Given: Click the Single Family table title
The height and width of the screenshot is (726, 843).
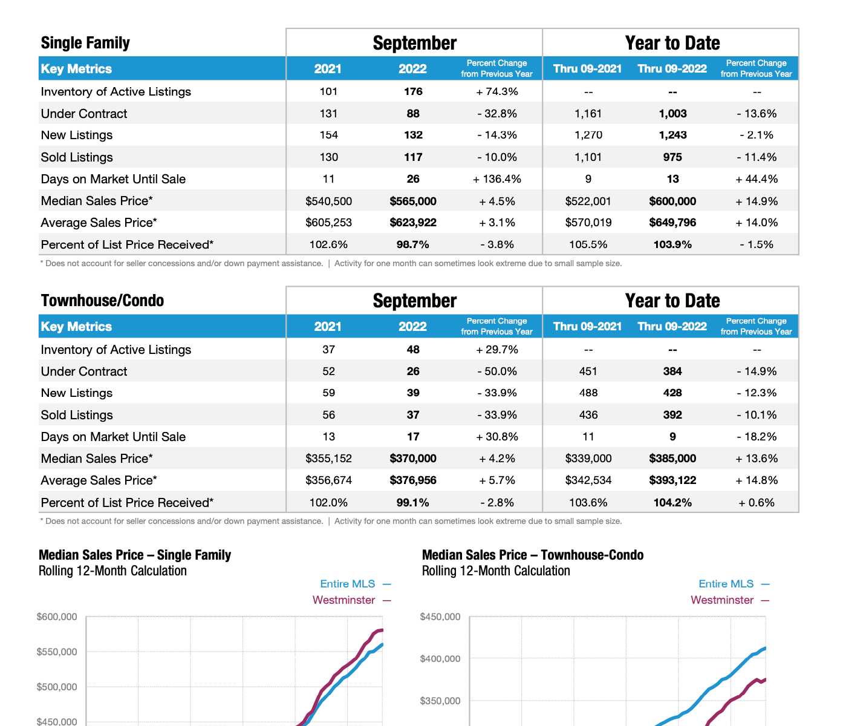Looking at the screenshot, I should pyautogui.click(x=85, y=43).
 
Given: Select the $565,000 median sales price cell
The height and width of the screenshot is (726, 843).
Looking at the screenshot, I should pyautogui.click(x=413, y=201).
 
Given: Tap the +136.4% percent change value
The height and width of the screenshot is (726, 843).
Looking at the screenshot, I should pyautogui.click(x=497, y=179).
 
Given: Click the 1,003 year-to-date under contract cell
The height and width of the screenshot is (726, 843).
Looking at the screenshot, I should pyautogui.click(x=672, y=114).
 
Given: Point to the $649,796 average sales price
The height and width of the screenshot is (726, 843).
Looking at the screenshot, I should pyautogui.click(x=672, y=223).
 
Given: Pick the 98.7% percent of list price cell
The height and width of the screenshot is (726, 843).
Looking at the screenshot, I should pyautogui.click(x=413, y=244).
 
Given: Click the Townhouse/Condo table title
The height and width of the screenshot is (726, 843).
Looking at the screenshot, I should pyautogui.click(x=102, y=301).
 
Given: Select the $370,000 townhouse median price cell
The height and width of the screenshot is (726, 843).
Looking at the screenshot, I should pyautogui.click(x=413, y=459).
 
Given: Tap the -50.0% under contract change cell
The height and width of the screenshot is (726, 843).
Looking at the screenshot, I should pyautogui.click(x=497, y=371).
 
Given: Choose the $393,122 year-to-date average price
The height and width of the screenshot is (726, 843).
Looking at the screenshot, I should pyautogui.click(x=672, y=480).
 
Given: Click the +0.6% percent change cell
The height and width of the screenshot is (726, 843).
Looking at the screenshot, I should pyautogui.click(x=757, y=503).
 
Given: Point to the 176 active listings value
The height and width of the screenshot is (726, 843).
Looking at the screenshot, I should pyautogui.click(x=413, y=91).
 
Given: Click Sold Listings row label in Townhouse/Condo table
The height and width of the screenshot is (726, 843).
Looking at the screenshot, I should pyautogui.click(x=77, y=415).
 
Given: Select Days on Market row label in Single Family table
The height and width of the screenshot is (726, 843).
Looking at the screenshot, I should pyautogui.click(x=113, y=179).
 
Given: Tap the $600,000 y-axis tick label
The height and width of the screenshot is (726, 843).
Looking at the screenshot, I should pyautogui.click(x=57, y=617).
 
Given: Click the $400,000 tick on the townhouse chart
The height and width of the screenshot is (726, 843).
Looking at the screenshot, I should pyautogui.click(x=440, y=659).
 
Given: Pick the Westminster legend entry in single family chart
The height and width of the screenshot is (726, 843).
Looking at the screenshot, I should pyautogui.click(x=344, y=600).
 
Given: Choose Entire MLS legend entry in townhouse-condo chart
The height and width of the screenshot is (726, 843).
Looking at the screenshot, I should pyautogui.click(x=726, y=584).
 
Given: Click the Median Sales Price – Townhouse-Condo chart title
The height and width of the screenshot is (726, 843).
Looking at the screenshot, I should pyautogui.click(x=533, y=555).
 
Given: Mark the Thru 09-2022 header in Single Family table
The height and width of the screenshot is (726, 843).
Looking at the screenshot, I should pyautogui.click(x=672, y=69).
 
